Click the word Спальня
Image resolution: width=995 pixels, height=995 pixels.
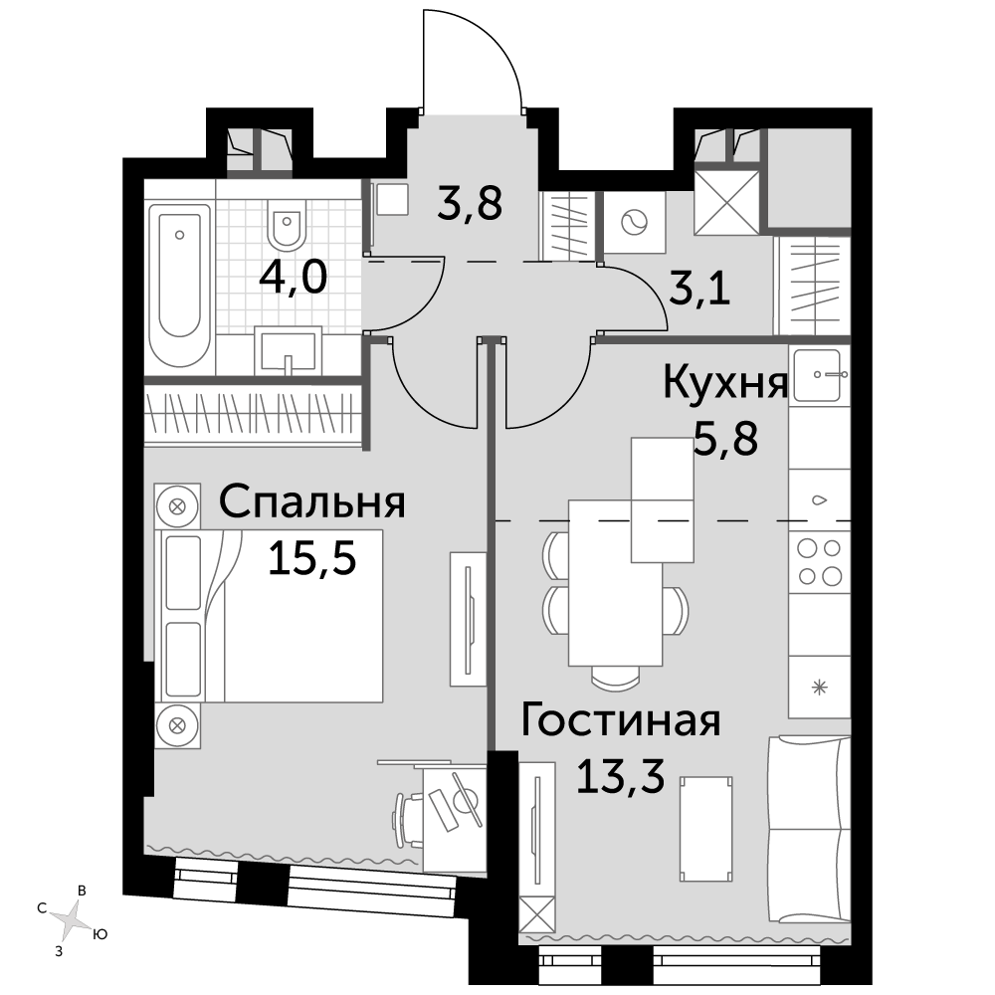pos(311,502)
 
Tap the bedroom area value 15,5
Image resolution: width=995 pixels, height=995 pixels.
pos(311,558)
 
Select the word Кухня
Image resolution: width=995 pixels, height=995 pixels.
pos(725,383)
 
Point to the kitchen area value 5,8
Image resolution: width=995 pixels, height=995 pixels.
pos(725,438)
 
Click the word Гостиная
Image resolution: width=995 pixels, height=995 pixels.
pos(621,720)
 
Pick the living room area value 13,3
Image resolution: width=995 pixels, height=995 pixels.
pos(620,775)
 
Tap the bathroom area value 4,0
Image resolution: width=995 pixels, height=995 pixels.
pos(294,278)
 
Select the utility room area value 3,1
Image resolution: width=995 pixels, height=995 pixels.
pos(699,291)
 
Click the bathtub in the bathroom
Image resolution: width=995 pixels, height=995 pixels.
pos(179,285)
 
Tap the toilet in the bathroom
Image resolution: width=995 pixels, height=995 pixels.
pos(287,225)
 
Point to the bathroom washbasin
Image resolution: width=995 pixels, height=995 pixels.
pos(288,351)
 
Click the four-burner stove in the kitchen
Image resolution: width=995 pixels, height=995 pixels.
pos(819,561)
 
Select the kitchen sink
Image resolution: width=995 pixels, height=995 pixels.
pos(819,376)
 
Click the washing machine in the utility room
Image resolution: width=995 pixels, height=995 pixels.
pos(635,222)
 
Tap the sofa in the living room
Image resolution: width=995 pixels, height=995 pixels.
pos(808,829)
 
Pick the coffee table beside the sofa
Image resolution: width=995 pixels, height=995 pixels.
pos(705,829)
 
